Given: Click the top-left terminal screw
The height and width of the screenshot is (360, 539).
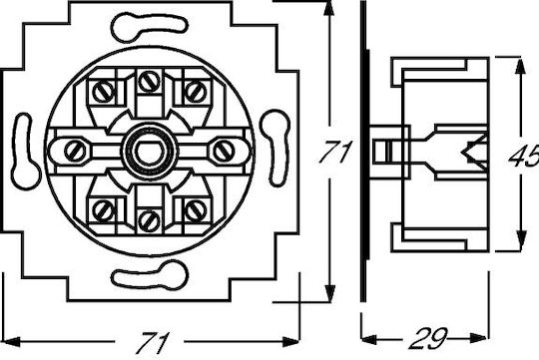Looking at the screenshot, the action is coord(104,92).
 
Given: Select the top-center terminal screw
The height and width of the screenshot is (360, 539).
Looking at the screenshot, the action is coord(150,81).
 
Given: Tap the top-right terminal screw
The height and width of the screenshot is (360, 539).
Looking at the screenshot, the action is coord(196,92).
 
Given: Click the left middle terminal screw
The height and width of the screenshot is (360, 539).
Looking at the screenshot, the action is coord(75,152).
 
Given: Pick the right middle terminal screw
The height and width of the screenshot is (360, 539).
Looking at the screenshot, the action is coord(225,152).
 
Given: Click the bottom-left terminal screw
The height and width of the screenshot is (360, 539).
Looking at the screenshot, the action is coord(104,210).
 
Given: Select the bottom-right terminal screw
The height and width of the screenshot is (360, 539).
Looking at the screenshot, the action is coord(196,210).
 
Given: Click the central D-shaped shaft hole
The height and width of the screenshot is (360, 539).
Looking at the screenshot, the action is coord(151,152).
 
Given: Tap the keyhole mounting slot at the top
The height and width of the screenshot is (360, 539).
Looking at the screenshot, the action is coord(149,27).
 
